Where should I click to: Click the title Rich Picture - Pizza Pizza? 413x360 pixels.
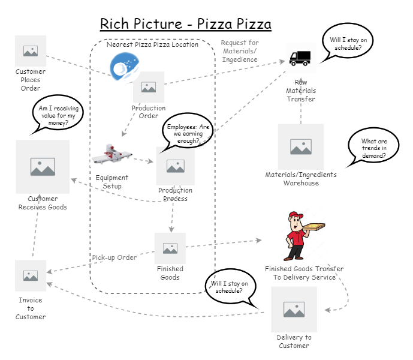click(185, 24)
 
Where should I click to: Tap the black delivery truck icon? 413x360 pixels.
click(300, 58)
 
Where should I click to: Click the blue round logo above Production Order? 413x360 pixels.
click(125, 66)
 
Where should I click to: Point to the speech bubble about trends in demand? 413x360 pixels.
click(373, 149)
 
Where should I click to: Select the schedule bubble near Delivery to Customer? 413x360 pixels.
click(230, 286)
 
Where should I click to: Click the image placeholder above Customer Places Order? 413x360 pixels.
click(31, 51)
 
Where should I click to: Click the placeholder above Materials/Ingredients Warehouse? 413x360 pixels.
click(300, 146)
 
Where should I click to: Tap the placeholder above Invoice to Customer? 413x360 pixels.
click(31, 275)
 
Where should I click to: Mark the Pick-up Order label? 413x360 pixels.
click(114, 257)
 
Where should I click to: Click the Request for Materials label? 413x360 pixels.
click(239, 51)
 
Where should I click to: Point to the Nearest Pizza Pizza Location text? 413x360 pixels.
click(152, 44)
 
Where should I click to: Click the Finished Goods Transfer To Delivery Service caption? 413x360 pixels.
click(305, 273)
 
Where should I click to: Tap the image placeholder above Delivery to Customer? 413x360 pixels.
click(294, 310)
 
